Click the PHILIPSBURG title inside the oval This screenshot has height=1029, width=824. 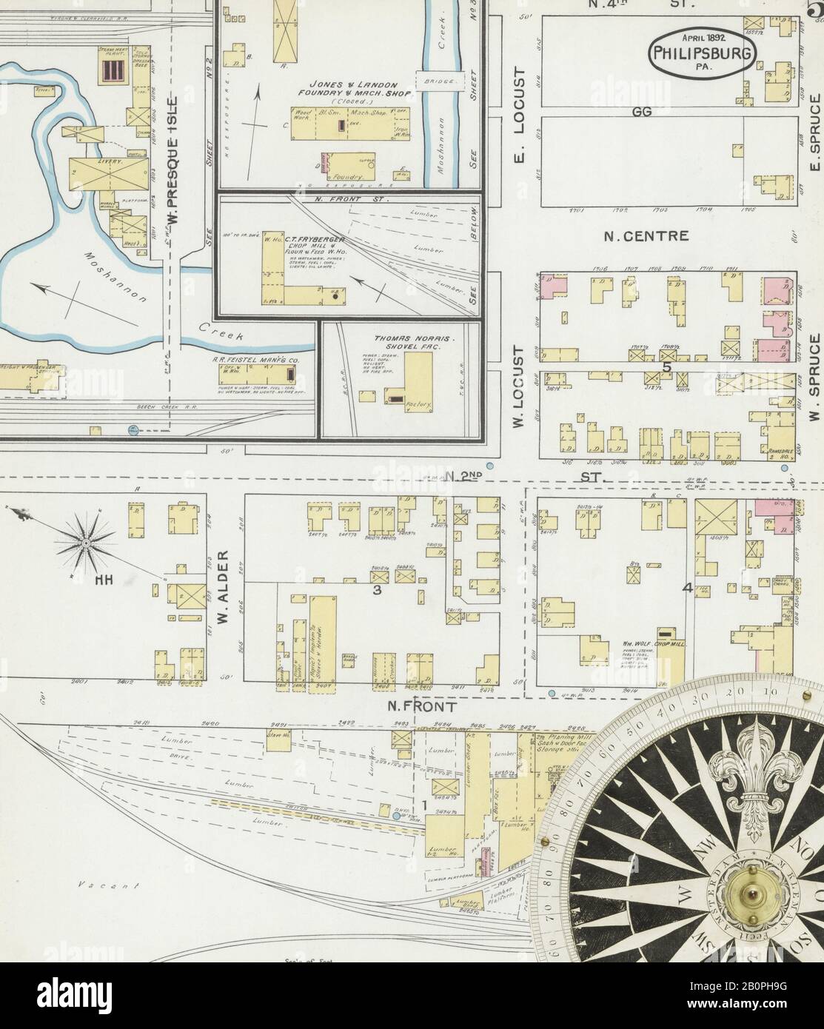[702, 53]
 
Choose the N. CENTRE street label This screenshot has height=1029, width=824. [646, 237]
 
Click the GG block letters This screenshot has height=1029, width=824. [643, 112]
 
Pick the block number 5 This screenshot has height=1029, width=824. [666, 366]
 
